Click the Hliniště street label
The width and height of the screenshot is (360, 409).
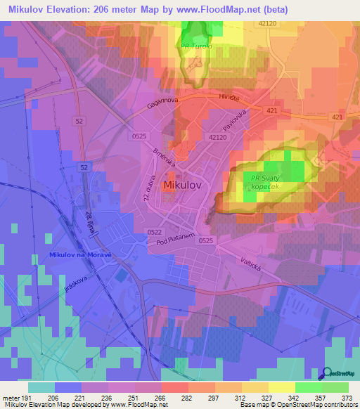pyautogui.click(x=229, y=98)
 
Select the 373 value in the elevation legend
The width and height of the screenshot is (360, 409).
pyautogui.click(x=348, y=397)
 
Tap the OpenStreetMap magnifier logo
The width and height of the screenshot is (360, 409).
pyautogui.click(x=328, y=373)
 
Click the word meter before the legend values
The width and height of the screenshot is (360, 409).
pyautogui.click(x=11, y=397)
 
